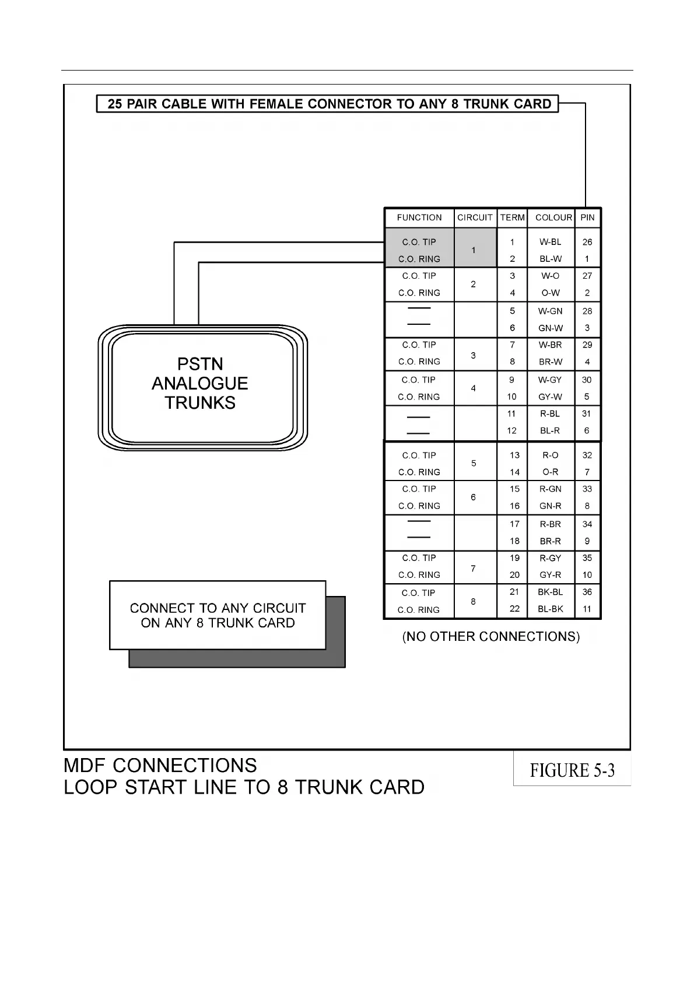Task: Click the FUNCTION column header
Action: [419, 218]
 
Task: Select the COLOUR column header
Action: [553, 218]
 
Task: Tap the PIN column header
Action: [587, 218]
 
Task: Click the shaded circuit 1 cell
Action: [474, 250]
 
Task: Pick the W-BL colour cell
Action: [551, 242]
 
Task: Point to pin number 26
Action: [587, 242]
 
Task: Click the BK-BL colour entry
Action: [551, 592]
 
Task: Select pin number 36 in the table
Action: [587, 592]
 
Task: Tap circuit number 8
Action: [473, 601]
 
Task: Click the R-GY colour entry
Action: [551, 558]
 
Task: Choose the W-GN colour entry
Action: [551, 311]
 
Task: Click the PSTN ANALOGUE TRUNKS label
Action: [200, 383]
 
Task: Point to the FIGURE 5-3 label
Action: [572, 770]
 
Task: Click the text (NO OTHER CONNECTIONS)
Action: [491, 637]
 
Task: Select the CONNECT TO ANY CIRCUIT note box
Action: [218, 615]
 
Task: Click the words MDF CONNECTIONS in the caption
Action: [160, 766]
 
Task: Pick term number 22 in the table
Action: [514, 609]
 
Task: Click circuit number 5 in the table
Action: [474, 464]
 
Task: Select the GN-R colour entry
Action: [551, 506]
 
